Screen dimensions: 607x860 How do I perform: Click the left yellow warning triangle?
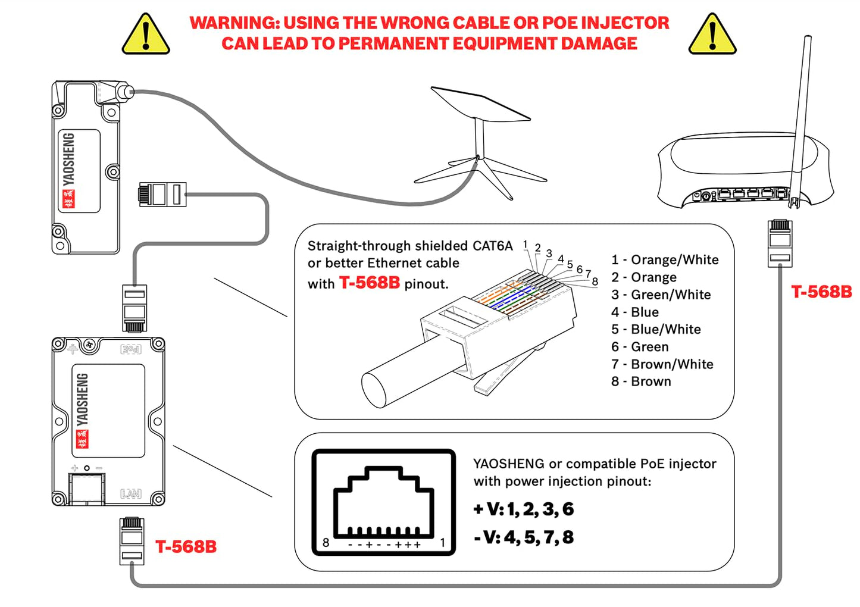point(146,36)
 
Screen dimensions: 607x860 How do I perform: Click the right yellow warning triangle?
point(712,36)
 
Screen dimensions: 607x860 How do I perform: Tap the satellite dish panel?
point(480,104)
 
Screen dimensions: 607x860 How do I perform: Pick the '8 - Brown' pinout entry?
point(641,381)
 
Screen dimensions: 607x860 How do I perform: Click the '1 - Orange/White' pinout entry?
point(665,260)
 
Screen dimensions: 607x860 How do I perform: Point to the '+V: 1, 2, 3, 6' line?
point(524,509)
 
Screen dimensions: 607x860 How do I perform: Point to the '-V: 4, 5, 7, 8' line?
point(524,537)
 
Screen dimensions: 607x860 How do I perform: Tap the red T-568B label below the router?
point(821,292)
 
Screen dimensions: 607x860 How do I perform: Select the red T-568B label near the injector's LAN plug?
point(186,547)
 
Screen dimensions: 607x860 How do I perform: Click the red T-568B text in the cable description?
point(370,283)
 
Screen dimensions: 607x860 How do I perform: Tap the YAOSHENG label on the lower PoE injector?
point(82,400)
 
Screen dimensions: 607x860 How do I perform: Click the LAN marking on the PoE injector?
point(131,494)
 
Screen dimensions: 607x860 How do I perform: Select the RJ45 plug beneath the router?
point(780,243)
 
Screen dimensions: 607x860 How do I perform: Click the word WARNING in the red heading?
point(234,23)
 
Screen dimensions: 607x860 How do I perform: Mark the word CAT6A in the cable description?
point(492,246)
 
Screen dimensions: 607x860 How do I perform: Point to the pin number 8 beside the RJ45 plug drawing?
point(595,281)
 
